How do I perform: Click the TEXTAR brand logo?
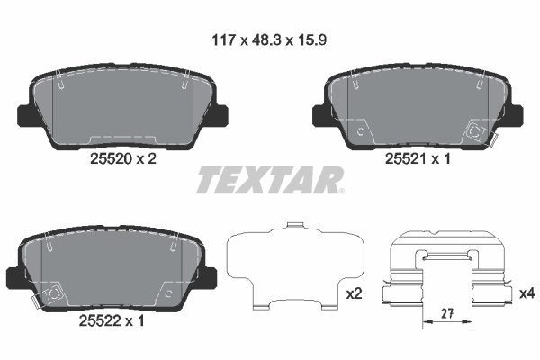click(x=268, y=180)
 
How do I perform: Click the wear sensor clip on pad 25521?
click(x=475, y=132)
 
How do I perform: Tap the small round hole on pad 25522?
click(x=168, y=291)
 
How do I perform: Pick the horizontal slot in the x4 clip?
click(x=448, y=259)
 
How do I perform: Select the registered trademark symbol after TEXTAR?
click(x=341, y=190)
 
